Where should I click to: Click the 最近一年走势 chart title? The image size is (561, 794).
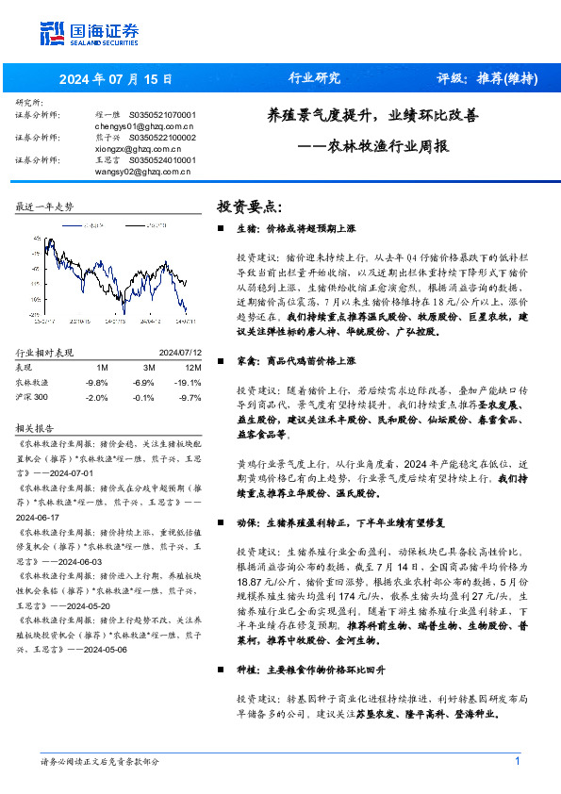click(44, 207)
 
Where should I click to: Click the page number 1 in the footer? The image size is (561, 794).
click(518, 760)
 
